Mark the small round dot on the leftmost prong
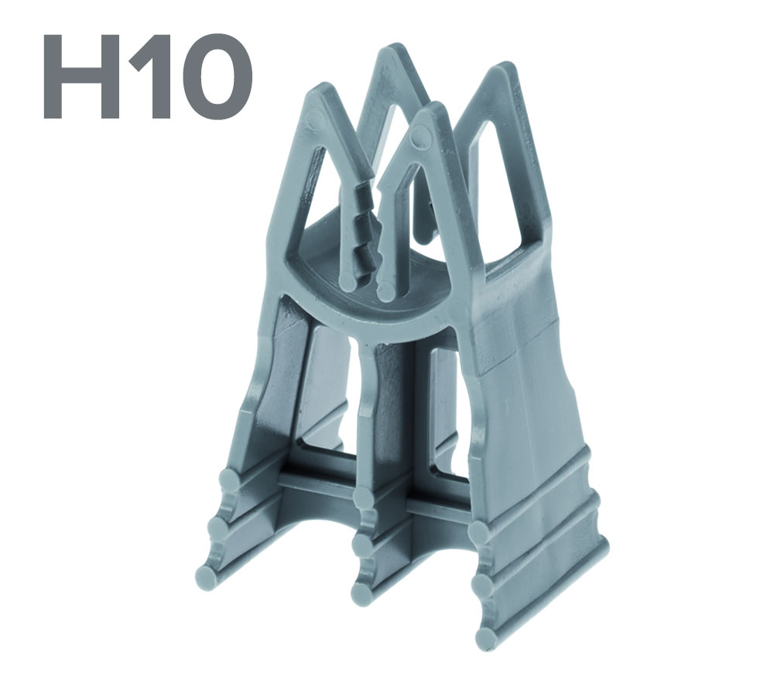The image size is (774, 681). (314, 120)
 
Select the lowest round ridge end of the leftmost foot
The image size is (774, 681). (204, 578)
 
